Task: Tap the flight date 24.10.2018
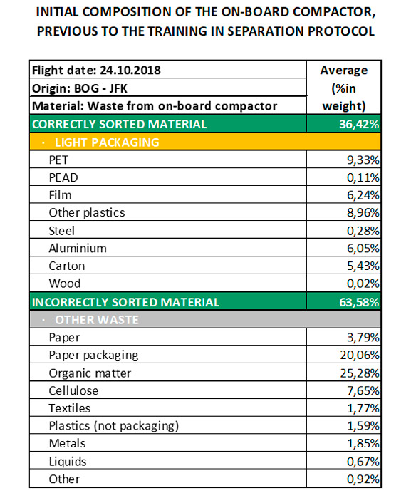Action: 130,70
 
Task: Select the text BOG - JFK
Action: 100,88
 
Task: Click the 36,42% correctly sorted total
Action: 359,124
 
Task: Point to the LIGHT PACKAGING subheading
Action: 107,142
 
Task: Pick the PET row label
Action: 58,160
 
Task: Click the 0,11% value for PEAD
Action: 363,177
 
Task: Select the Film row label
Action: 60,195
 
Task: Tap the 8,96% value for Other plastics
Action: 363,213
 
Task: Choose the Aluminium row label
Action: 78,249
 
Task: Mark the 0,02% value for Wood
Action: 363,284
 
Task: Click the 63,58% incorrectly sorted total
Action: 359,302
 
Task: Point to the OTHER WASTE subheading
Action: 97,320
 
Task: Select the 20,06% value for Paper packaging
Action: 360,356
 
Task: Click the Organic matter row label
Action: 90,373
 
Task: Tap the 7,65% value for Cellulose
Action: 363,391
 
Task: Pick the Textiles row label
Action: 70,408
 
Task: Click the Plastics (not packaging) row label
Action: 114,426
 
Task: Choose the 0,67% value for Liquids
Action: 363,462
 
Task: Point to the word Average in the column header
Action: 344,70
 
